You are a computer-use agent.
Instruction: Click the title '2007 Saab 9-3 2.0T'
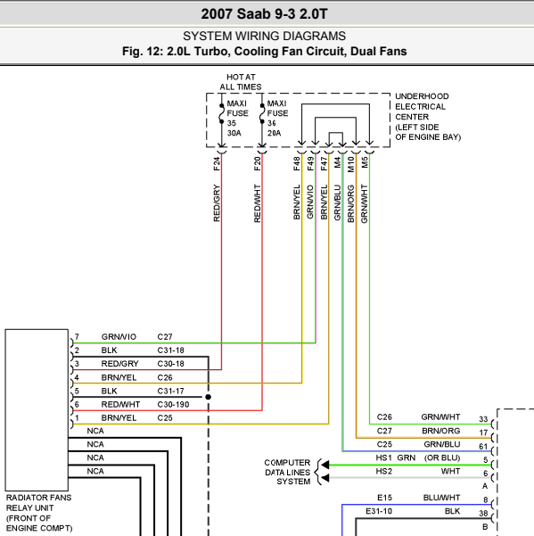[264, 14]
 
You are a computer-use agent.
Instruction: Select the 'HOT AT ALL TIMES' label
[241, 82]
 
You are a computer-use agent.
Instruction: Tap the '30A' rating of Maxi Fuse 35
[234, 133]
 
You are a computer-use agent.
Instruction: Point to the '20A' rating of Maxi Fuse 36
[274, 133]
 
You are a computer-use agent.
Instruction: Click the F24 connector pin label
[217, 164]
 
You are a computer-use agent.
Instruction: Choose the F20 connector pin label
[258, 164]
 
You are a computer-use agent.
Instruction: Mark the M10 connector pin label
[351, 164]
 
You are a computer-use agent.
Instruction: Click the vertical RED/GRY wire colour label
[217, 203]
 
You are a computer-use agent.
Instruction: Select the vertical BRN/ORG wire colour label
[351, 203]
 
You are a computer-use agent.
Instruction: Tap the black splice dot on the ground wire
[208, 397]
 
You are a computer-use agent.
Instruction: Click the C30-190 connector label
[173, 404]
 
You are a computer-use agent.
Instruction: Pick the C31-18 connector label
[170, 350]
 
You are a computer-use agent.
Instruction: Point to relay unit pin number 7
[77, 337]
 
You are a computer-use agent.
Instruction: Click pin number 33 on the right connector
[483, 419]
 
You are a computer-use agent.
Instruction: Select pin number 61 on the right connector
[483, 447]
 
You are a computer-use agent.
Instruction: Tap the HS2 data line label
[383, 472]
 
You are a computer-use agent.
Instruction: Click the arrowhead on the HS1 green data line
[325, 465]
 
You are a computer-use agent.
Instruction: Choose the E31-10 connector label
[379, 511]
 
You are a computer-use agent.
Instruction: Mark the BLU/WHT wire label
[441, 498]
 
